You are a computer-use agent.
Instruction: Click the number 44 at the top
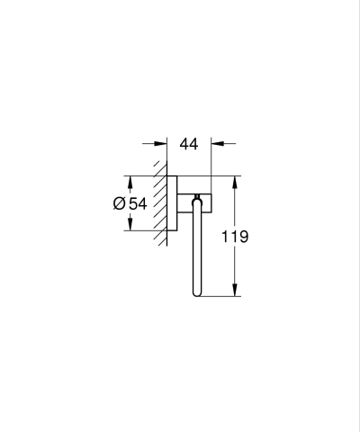[x=189, y=143]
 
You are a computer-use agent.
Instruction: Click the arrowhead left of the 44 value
[x=162, y=143]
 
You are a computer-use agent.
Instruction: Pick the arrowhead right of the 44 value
[x=217, y=143]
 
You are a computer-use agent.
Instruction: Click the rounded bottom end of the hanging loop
[x=194, y=293]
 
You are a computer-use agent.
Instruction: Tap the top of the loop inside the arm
[x=194, y=208]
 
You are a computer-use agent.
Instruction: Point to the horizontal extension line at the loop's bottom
[x=220, y=296]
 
